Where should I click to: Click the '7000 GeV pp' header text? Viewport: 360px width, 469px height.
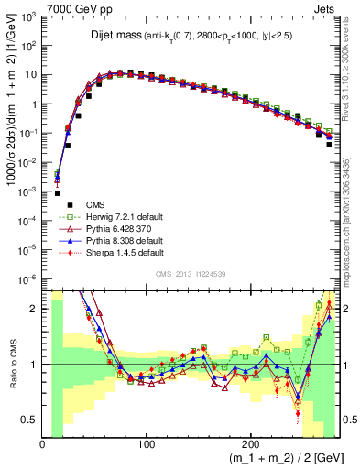[x=76, y=7]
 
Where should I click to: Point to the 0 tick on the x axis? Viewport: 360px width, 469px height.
[x=42, y=443]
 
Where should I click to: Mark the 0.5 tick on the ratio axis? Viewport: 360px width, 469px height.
[x=31, y=420]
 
